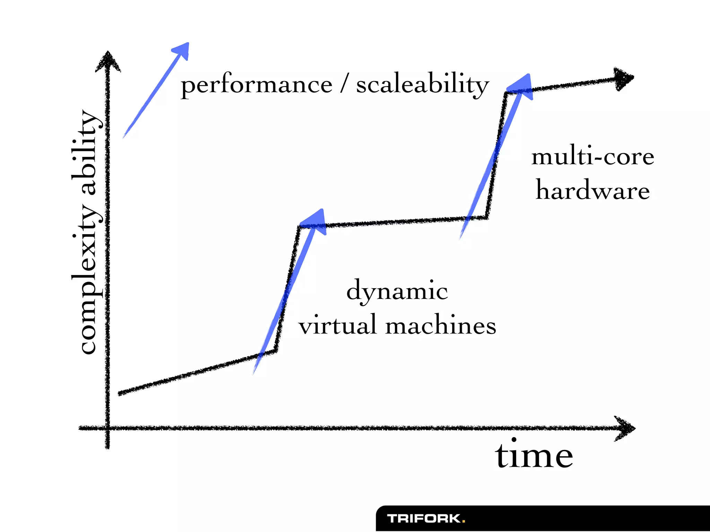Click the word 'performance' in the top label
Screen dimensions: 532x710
(257, 85)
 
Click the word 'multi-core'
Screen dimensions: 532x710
(592, 157)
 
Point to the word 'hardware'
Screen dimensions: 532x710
(592, 191)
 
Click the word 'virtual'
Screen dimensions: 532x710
(337, 326)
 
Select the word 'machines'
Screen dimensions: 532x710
(440, 326)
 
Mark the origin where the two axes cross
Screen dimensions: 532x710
(107, 429)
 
